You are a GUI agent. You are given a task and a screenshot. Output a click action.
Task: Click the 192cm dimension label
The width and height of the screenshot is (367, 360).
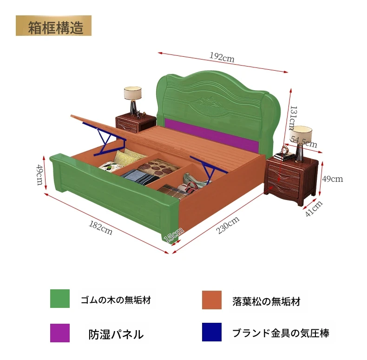click(222, 57)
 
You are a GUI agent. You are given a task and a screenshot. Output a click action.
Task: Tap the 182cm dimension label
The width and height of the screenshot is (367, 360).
click(101, 228)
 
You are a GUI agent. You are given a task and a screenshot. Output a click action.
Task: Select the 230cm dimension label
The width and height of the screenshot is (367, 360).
click(228, 225)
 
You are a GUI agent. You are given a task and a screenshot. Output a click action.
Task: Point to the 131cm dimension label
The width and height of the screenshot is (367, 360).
click(293, 118)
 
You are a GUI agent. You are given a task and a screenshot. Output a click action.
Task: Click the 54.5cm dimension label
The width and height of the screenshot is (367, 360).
click(304, 142)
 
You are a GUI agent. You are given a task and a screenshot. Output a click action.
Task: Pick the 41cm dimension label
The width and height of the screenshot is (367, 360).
click(314, 208)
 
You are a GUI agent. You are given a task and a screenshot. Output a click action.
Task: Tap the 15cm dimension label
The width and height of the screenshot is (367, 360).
click(173, 235)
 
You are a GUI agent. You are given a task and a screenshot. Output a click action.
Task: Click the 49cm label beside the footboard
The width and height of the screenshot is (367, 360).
click(40, 175)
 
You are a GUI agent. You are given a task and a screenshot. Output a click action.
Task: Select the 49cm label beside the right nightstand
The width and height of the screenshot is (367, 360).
click(333, 179)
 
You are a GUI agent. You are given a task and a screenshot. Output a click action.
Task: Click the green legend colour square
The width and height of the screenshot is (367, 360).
click(60, 298)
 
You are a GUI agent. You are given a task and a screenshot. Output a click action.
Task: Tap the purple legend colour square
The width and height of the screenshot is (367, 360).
click(60, 333)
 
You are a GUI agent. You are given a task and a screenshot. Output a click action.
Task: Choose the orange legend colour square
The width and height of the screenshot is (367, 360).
click(212, 300)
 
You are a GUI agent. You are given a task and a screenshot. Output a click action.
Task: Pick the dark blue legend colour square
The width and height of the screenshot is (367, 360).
click(212, 332)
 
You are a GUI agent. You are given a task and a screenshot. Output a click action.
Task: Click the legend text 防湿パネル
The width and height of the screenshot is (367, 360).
click(116, 334)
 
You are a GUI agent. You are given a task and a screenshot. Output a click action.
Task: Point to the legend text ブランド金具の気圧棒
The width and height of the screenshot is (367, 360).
click(281, 333)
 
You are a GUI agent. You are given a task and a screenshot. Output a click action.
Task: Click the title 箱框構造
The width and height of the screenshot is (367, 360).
click(56, 27)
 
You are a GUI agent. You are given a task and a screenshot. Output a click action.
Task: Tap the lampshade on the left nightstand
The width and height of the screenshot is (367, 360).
click(133, 93)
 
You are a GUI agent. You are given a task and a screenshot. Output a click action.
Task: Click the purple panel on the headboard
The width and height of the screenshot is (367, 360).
click(212, 135)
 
